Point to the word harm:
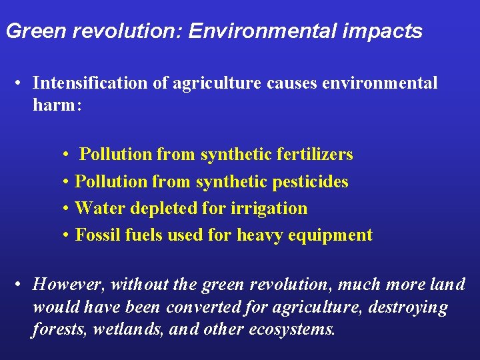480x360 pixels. point(57,105)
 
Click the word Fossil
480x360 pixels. point(96,235)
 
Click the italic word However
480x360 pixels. point(69,285)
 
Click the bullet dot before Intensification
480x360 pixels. point(21,84)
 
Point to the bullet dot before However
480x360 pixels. point(21,285)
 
